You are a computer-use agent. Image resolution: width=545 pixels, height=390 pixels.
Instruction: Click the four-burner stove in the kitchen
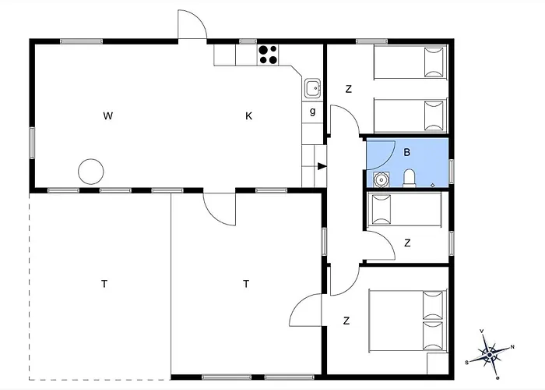(269, 55)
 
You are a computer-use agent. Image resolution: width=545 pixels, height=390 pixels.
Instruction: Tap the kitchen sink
(312, 88)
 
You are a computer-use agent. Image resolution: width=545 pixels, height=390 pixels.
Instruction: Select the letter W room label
(108, 116)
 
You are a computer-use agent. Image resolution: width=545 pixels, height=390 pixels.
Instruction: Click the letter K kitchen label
(248, 116)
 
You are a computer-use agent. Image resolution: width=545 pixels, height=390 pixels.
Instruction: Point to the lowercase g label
(312, 112)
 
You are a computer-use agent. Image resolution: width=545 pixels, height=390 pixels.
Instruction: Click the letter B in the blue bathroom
(406, 152)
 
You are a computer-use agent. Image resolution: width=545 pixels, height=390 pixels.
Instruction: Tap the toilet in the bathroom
(410, 179)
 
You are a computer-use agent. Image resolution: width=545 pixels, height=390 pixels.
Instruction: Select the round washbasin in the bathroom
(381, 179)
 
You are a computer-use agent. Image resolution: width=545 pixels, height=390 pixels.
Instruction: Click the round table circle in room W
(91, 172)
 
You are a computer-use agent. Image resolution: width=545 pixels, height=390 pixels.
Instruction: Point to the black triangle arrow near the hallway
(322, 166)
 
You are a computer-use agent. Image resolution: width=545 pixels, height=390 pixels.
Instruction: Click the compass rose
(490, 354)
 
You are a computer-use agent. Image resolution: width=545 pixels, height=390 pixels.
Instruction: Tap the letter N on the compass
(512, 347)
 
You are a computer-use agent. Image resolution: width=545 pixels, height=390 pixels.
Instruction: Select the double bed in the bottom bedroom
(408, 321)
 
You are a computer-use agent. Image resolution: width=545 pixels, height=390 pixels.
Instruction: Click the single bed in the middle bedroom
(404, 209)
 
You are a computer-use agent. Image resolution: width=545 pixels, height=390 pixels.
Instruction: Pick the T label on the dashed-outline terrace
(104, 284)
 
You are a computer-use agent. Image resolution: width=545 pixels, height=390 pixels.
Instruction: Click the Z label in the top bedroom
(348, 89)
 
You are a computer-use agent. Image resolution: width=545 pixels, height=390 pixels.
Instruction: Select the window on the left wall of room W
(32, 143)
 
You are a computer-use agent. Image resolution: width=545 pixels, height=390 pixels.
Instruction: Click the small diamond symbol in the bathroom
(432, 186)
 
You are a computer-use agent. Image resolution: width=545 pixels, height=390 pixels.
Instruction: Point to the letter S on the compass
(467, 363)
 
